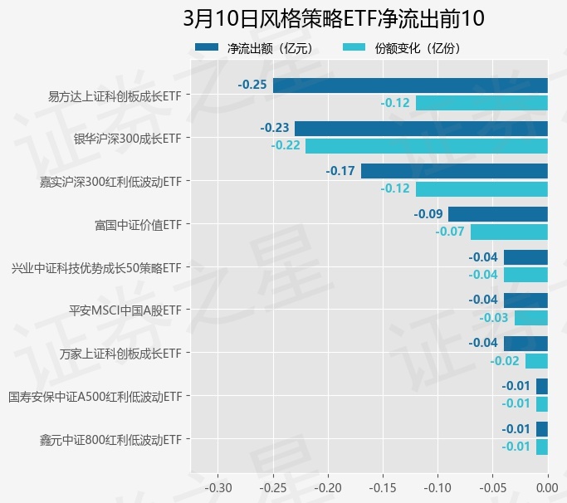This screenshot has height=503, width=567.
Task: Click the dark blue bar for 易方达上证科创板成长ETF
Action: coord(410,85)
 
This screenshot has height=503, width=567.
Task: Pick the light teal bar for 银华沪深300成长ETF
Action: coord(426,145)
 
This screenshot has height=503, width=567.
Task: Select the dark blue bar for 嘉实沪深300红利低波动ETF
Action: coord(454,171)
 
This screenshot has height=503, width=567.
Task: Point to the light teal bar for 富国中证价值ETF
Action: coord(509,232)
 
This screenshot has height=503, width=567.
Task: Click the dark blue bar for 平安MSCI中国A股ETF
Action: coord(525,300)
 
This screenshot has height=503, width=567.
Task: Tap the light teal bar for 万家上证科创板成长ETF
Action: coord(536,360)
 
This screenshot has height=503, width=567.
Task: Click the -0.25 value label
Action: coord(252,85)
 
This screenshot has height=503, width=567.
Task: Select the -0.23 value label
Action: coord(275,128)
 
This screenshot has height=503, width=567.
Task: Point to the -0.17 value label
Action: coord(340,171)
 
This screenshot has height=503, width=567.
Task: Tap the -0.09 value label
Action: coord(428,214)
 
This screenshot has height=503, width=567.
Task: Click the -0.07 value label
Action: coord(450,232)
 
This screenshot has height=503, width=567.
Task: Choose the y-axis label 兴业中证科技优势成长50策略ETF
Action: coord(95,268)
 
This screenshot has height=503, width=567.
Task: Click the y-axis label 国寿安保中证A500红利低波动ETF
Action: coord(95,397)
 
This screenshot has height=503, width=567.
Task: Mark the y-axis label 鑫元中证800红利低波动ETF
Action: coord(110,439)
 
